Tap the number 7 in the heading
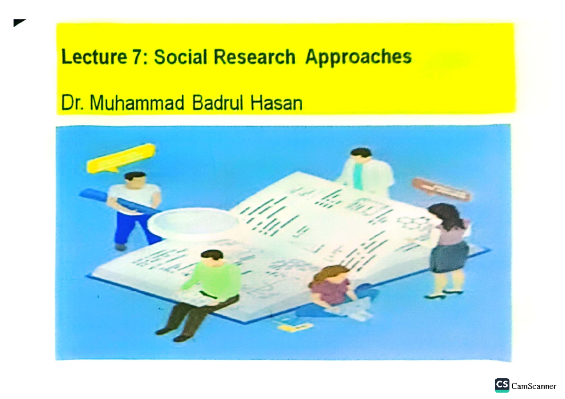[135, 57]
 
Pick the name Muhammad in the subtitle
[137, 104]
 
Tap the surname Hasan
[276, 104]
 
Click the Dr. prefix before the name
[73, 104]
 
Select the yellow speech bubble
[121, 158]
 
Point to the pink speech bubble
[441, 189]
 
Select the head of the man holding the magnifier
[135, 179]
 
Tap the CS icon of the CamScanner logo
[502, 385]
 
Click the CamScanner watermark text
[534, 386]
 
